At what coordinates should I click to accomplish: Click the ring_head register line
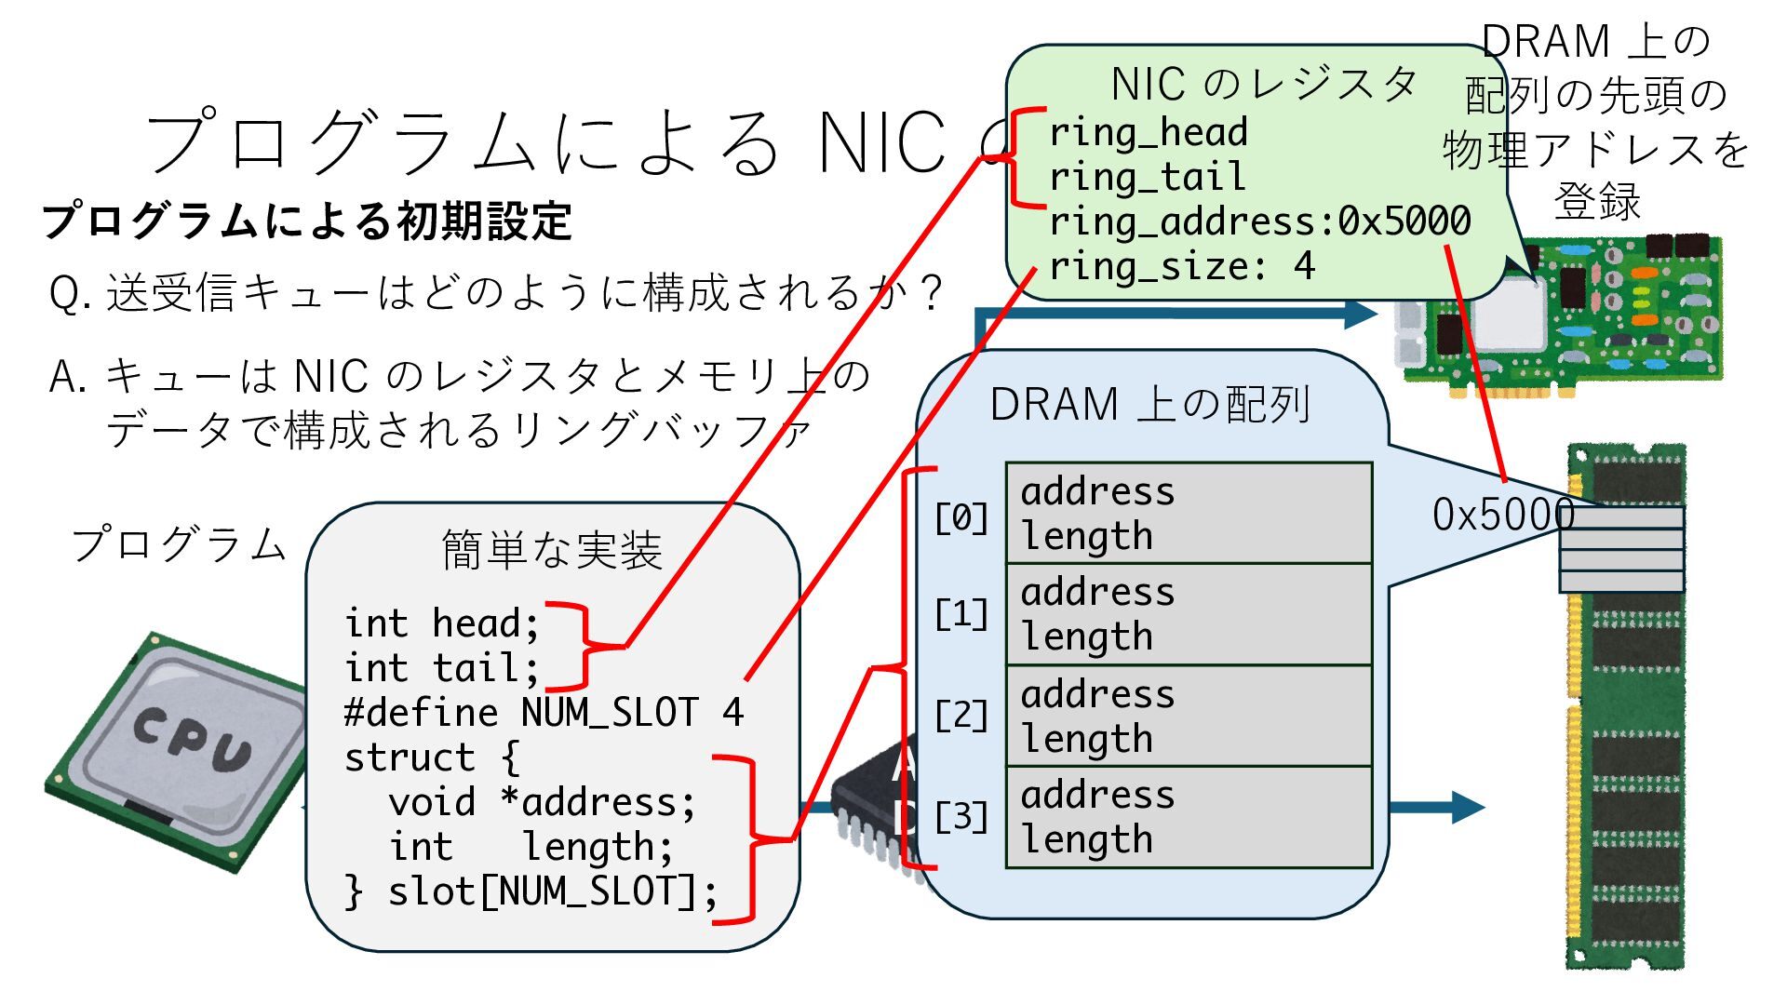(1149, 133)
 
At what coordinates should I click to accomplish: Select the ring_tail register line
(1147, 178)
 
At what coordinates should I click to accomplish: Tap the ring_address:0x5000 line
(1260, 222)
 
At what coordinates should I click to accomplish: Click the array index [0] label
(961, 517)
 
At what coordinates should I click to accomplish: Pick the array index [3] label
(961, 817)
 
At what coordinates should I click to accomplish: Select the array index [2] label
(961, 716)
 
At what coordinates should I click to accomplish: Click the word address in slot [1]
(1097, 593)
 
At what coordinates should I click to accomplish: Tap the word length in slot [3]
(1087, 840)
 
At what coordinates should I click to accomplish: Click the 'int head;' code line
(441, 623)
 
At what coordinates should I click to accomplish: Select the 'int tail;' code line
(441, 668)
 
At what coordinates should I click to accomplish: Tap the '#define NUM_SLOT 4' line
(544, 713)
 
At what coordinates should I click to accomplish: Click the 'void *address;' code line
(542, 802)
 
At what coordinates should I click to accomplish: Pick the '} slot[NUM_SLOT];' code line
(531, 891)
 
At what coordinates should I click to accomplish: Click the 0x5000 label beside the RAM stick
(1502, 515)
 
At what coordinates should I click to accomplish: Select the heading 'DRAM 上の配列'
(1150, 405)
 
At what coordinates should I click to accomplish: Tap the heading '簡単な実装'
(552, 550)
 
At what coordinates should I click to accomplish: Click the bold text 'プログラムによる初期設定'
(307, 221)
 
